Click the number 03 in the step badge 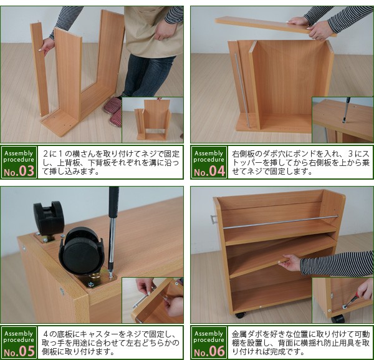coord(26,171)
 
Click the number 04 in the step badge coord(217,171)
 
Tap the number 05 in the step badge coord(26,351)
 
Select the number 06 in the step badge coord(217,351)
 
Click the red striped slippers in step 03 coord(113,111)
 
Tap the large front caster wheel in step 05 coord(82,252)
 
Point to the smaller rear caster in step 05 coord(49,218)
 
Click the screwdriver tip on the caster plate coord(110,276)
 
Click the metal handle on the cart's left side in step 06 coord(214,219)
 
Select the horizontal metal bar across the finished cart coord(280,222)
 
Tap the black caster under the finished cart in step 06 coord(240,315)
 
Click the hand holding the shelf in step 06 coord(290,263)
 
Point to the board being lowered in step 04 coord(276,26)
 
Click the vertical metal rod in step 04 coord(242,90)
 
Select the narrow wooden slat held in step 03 coord(40,69)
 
